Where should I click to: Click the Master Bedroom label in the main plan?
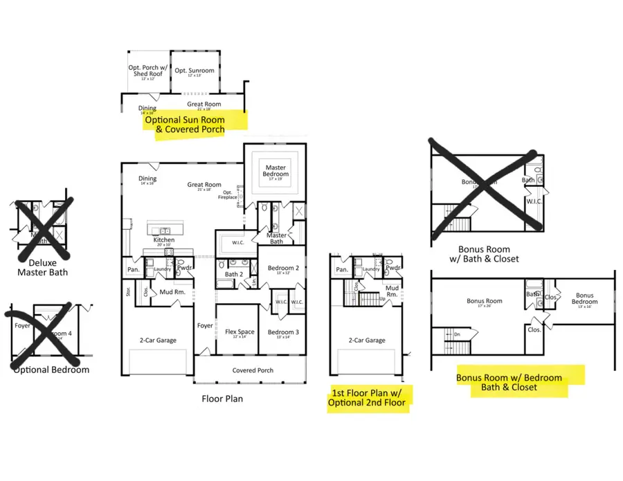click(x=275, y=170)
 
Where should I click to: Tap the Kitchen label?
click(x=164, y=240)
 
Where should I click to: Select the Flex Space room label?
click(x=240, y=332)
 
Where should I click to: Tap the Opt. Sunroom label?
click(x=195, y=71)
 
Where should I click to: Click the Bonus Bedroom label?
click(x=585, y=299)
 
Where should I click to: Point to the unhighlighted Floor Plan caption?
click(x=222, y=399)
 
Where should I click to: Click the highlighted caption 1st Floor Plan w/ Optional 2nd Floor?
click(x=370, y=399)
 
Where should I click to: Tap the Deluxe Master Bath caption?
click(x=43, y=267)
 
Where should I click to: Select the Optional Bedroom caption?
click(x=51, y=370)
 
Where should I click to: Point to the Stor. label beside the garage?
click(x=129, y=292)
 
